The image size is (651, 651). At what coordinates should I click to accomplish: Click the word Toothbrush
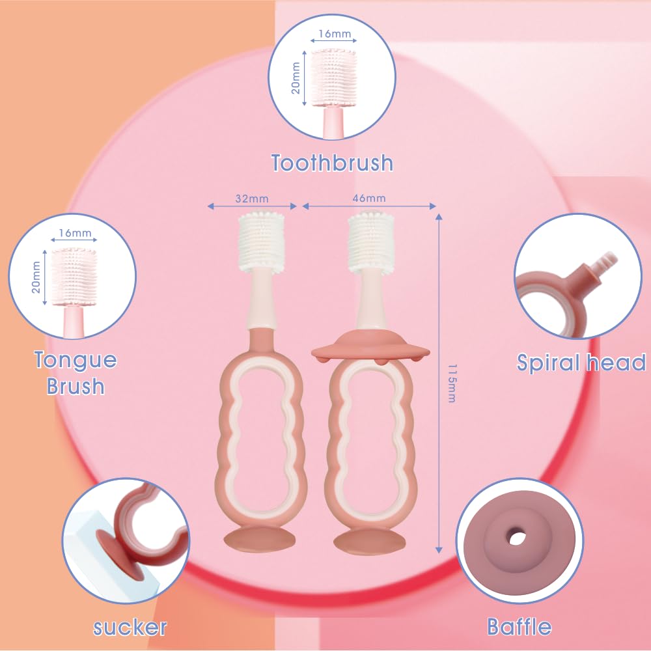[332, 162]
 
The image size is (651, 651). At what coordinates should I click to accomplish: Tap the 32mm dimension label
[251, 199]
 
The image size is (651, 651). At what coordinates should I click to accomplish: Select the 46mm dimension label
[369, 198]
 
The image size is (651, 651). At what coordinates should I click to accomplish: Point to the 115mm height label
[452, 383]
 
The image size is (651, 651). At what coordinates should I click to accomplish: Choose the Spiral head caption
[581, 363]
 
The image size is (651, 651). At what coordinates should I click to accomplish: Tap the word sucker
[130, 628]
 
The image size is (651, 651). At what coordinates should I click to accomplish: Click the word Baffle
[519, 626]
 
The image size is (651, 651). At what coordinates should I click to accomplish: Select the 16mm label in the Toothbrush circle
[335, 34]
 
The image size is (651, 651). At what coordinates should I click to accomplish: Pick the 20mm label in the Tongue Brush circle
[36, 277]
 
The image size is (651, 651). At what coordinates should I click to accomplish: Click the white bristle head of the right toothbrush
[371, 242]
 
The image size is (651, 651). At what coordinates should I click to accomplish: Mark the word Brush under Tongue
[75, 386]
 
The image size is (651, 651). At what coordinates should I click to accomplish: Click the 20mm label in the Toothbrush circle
[295, 78]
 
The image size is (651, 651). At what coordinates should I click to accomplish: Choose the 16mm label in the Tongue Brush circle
[75, 233]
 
